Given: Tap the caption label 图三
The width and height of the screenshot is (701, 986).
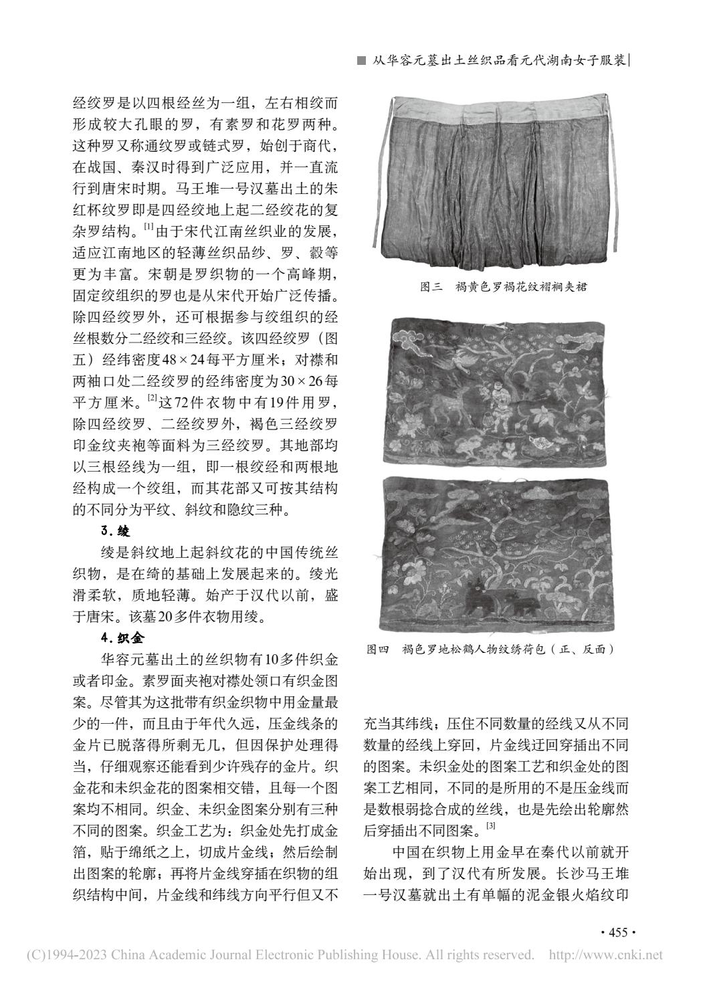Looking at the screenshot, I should coord(431,287).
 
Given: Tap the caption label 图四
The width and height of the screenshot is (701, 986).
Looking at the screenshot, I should coord(379,649).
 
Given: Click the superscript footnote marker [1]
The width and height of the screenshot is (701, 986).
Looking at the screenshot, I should coord(148,227).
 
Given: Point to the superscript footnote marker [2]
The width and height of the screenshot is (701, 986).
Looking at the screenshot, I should coord(153,399).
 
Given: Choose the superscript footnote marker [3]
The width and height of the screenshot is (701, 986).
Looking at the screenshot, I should coord(490,827).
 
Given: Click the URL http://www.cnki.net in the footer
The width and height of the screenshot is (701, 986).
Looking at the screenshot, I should coord(605,955).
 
